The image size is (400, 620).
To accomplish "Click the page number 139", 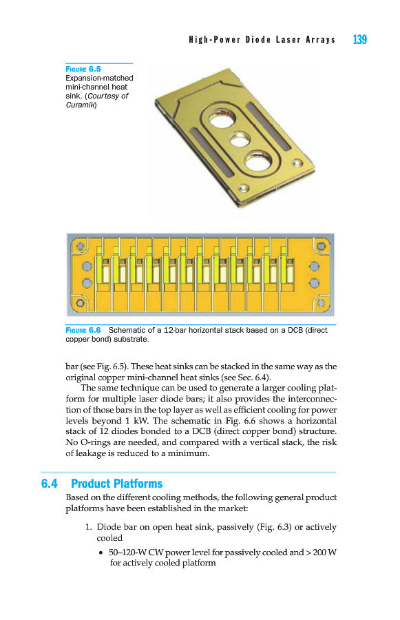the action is tap(359, 39).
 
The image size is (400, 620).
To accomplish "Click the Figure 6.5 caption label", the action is tap(83, 69).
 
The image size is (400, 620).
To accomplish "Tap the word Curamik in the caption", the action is tap(81, 105).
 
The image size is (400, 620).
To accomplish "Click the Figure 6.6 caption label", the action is tap(83, 330).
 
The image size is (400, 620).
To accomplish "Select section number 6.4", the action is tap(49, 483).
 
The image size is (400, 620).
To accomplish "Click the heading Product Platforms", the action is tap(116, 483).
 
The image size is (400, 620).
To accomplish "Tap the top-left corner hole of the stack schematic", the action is tap(81, 247).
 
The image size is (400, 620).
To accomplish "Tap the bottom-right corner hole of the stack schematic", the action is tap(321, 303).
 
